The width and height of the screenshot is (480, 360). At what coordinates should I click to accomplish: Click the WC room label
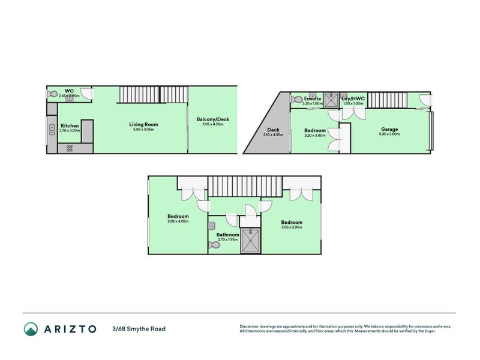(70, 91)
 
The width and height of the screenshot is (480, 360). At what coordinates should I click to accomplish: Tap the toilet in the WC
(53, 94)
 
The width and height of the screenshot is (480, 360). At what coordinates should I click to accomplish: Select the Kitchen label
(70, 125)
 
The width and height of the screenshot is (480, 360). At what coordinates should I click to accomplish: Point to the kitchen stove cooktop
(70, 147)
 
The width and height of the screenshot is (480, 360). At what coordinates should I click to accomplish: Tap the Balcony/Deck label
(213, 119)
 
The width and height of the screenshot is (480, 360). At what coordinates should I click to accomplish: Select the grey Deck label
(274, 130)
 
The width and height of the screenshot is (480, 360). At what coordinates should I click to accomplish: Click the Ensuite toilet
(296, 98)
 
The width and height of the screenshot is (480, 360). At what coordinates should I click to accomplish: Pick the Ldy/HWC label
(353, 98)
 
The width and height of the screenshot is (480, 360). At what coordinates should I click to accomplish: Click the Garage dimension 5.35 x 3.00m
(389, 134)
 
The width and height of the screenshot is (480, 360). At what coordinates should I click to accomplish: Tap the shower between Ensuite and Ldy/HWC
(332, 100)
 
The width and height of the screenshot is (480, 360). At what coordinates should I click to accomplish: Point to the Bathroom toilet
(215, 244)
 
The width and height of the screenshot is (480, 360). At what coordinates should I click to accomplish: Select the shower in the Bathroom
(250, 241)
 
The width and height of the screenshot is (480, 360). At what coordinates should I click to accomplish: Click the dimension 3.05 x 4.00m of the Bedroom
(178, 221)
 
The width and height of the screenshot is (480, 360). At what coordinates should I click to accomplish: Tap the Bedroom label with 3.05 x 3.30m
(292, 223)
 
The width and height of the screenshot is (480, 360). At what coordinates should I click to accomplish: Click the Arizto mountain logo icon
(31, 329)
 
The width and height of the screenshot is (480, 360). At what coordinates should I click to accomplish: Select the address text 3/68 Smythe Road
(139, 329)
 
